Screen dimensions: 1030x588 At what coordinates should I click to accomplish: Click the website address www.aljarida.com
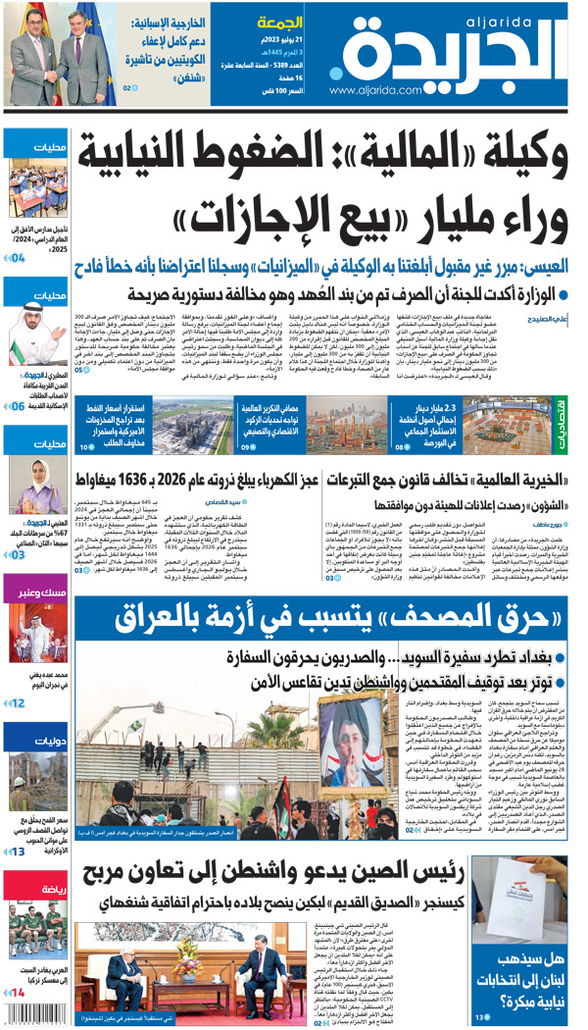pos(376,90)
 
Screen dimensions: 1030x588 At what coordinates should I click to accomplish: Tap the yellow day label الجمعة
pos(278,23)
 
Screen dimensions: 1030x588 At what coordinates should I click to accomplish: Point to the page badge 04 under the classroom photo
pos(18,258)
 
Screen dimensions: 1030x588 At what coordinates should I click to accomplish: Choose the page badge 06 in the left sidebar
pos(18,404)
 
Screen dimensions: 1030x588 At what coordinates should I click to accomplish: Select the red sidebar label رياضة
pos(48,889)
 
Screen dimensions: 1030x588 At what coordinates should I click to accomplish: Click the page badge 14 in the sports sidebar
pos(17,993)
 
